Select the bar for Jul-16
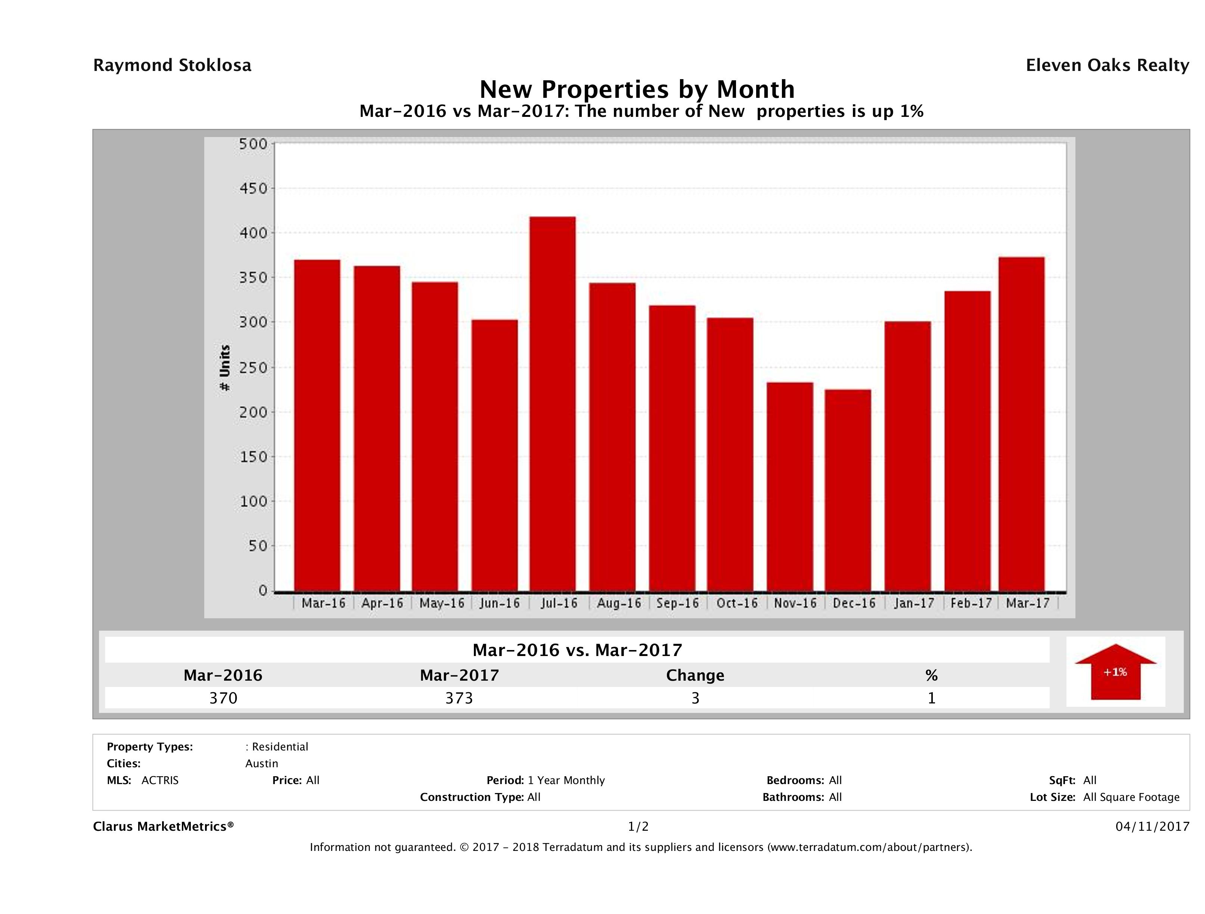point(552,404)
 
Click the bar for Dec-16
point(848,490)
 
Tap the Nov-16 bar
point(790,486)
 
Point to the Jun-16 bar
point(495,456)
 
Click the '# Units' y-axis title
point(224,368)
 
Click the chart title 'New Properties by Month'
point(637,89)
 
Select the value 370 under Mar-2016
point(223,698)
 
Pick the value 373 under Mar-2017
point(459,698)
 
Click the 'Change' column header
point(695,675)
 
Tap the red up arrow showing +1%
point(1115,672)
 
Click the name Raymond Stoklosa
point(172,65)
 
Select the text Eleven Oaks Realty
point(1107,65)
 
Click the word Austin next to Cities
point(261,764)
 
